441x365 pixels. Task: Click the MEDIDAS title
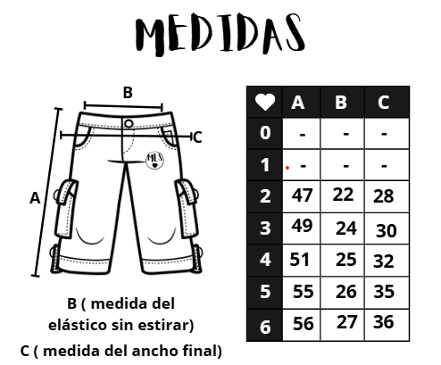click(220, 34)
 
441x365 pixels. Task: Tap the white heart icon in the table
click(265, 102)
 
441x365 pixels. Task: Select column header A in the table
click(298, 103)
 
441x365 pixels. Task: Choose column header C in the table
click(384, 103)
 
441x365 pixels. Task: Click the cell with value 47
click(302, 195)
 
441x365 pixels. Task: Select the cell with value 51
click(300, 259)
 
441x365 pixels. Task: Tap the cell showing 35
click(384, 292)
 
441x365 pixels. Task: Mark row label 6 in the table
click(265, 327)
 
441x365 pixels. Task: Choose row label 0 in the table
click(265, 133)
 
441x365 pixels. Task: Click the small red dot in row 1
click(287, 168)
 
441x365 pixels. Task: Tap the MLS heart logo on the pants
click(154, 161)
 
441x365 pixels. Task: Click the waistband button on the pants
click(129, 124)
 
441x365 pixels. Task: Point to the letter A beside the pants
click(35, 198)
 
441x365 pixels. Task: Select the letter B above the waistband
click(128, 93)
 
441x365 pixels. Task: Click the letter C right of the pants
click(197, 137)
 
